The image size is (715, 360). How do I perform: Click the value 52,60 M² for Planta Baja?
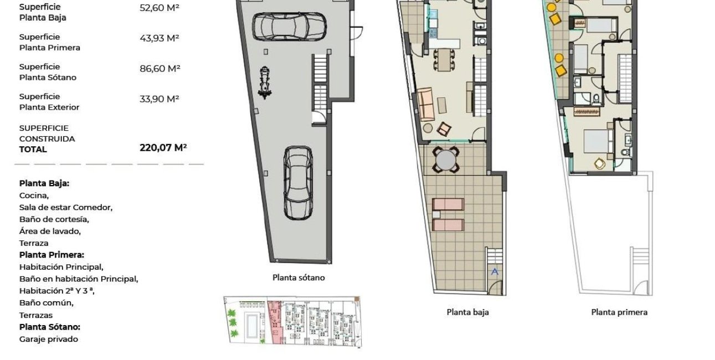tap(160, 8)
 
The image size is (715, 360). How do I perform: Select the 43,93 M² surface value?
tap(160, 38)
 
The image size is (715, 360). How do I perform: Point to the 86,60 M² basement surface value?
tap(160, 69)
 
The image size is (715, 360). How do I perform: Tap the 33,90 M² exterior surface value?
tap(160, 99)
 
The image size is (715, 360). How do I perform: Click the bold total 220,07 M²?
tap(163, 147)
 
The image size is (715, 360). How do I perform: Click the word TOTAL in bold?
tap(33, 150)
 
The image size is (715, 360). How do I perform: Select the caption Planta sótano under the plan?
tap(299, 278)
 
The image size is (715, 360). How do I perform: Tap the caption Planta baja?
tap(467, 312)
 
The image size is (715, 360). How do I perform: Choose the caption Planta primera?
tap(619, 312)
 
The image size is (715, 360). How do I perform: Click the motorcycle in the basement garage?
tap(266, 83)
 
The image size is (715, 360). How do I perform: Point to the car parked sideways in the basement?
tap(289, 25)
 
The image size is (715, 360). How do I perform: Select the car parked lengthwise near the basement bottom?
tap(298, 183)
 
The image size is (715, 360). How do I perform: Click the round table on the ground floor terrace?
tap(446, 160)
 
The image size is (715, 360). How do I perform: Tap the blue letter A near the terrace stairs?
tap(495, 271)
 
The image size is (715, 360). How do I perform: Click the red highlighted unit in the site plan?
tap(275, 320)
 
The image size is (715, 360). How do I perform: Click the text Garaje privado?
tap(49, 340)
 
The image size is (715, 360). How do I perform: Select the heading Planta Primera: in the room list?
tap(52, 255)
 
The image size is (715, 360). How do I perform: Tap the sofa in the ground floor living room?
tap(426, 104)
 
